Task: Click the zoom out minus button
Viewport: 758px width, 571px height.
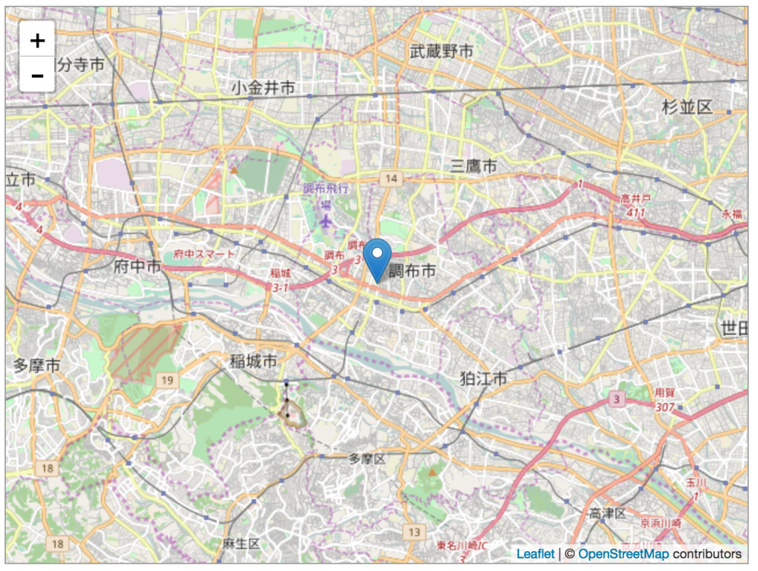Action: (37, 75)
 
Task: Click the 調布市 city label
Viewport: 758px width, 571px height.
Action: (412, 272)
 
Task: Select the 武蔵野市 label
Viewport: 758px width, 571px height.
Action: (441, 51)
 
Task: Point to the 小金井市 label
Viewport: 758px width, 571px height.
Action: (263, 88)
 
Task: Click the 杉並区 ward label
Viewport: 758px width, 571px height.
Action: (687, 107)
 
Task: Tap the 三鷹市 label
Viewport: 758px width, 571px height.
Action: (474, 166)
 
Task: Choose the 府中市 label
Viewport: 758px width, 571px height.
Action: (138, 267)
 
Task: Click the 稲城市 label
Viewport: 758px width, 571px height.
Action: (253, 362)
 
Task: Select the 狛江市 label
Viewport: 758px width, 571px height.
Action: (483, 379)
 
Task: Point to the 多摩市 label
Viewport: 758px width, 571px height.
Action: (37, 365)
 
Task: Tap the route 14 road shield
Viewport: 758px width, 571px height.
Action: (390, 178)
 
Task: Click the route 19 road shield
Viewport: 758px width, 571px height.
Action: (167, 380)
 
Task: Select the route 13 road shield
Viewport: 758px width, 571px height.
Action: (415, 532)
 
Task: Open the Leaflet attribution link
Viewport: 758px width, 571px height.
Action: (535, 554)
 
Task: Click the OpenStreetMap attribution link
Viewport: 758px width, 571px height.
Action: (623, 554)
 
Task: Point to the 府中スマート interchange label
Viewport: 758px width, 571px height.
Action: (205, 254)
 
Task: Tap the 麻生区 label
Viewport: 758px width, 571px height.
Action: (241, 544)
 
